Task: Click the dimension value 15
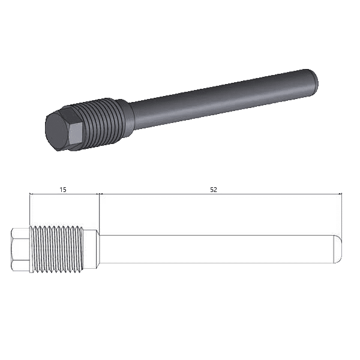pos(63,190)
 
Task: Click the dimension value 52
pos(214,190)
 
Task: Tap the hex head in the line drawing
pos(20,250)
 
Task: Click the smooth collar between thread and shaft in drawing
pos(91,250)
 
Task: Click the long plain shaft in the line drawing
pos(217,249)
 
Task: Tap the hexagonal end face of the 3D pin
pos(56,132)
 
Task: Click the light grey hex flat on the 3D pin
pos(76,133)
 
